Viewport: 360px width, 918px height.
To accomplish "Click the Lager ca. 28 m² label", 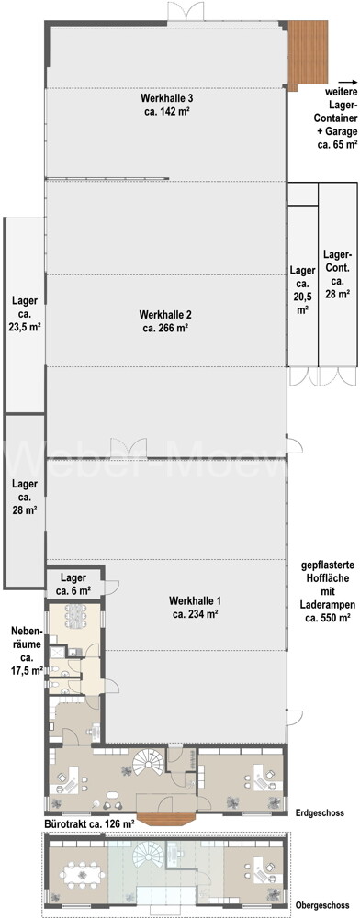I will point(25,497).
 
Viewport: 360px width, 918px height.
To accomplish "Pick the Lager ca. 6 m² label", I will point(73,584).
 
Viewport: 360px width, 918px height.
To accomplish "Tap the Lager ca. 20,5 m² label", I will point(302,290).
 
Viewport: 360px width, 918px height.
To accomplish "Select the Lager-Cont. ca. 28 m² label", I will point(337,275).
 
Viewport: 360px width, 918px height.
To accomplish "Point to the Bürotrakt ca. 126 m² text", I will point(89,824).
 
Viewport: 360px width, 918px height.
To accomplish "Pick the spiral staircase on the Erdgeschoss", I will point(149,761).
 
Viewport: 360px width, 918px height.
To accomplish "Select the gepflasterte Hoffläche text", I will point(324,593).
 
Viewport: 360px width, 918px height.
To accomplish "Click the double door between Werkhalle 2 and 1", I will point(127,449).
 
